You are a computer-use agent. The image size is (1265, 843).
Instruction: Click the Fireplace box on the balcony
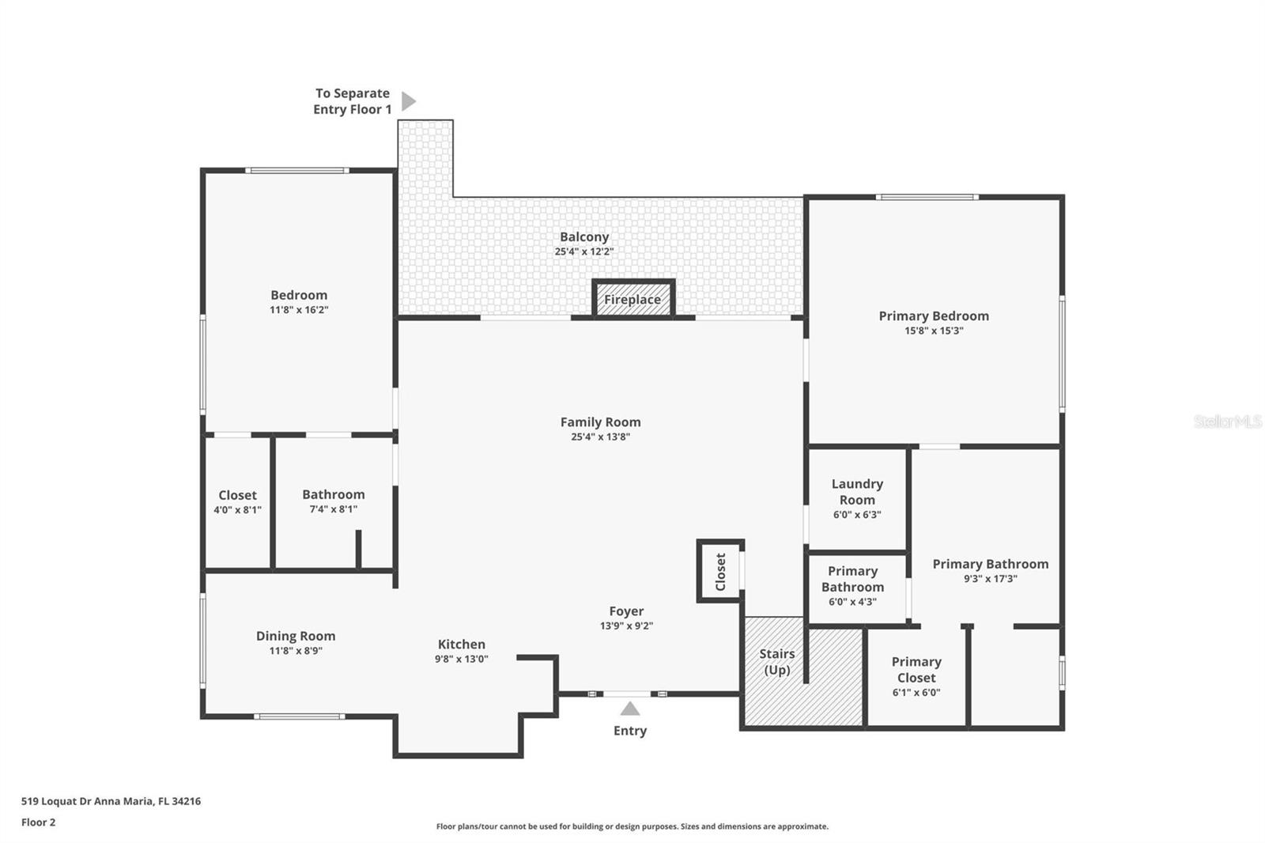[632, 300]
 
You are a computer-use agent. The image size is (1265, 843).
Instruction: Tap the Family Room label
[600, 422]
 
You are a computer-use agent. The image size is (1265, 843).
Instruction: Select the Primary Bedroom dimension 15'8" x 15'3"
[934, 331]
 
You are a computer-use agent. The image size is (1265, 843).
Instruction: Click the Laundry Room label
[857, 492]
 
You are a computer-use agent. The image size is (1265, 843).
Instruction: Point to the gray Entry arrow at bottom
[629, 709]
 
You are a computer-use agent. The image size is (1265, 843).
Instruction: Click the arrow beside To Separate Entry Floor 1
[408, 101]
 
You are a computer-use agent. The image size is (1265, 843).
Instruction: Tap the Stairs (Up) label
[776, 661]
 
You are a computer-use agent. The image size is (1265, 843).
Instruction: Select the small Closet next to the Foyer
[720, 571]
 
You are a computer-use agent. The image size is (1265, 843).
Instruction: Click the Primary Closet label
[916, 669]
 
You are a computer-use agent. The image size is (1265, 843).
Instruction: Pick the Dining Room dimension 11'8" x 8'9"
[296, 651]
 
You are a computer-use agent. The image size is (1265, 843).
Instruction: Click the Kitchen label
[461, 645]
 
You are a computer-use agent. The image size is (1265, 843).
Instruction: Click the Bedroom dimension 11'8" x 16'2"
[299, 310]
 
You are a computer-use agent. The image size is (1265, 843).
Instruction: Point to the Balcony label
[584, 237]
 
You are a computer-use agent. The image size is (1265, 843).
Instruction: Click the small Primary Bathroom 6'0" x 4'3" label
[852, 586]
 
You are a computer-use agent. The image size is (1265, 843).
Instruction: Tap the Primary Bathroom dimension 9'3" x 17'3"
[990, 579]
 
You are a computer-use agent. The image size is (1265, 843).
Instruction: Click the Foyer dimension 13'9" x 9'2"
[626, 626]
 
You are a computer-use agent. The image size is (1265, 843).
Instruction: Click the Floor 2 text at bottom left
[38, 822]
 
